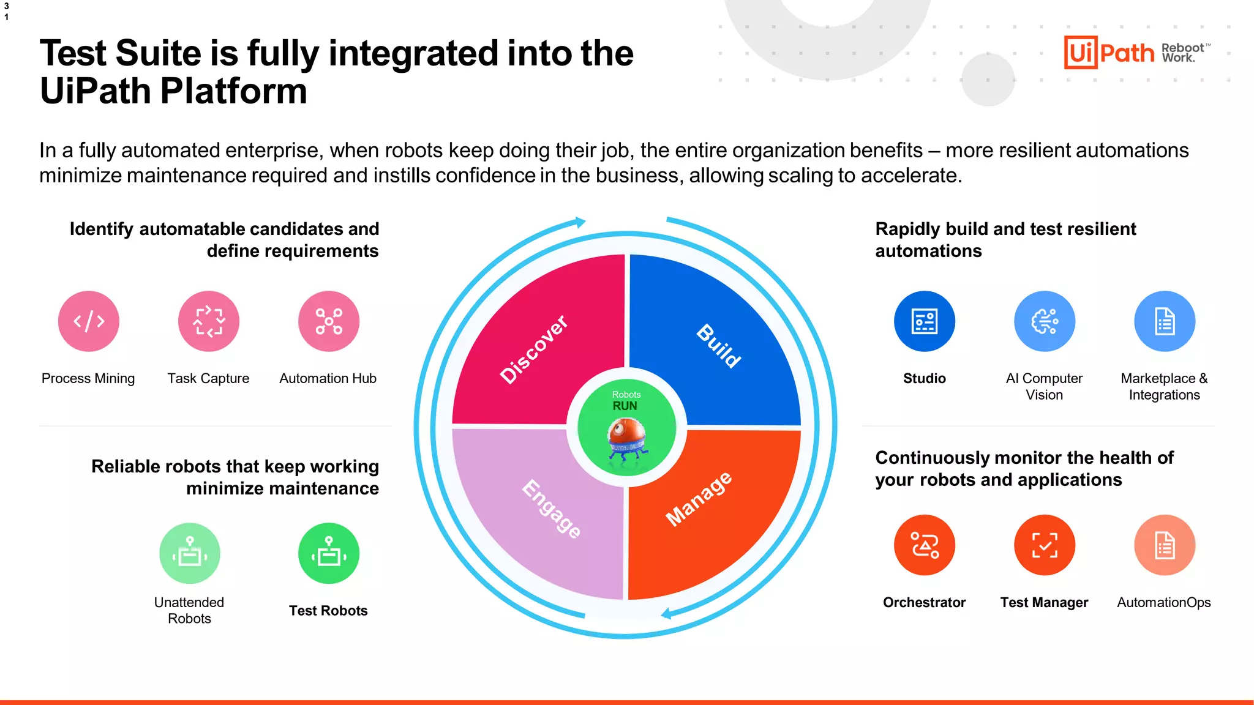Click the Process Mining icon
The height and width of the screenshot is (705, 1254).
89,321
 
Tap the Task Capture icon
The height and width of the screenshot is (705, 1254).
209,321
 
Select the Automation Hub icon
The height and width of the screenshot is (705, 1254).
329,321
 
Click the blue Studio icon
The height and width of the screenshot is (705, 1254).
925,321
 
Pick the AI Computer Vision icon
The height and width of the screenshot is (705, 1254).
1045,321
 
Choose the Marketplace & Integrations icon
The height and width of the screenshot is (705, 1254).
1165,321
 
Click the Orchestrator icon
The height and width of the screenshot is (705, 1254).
925,545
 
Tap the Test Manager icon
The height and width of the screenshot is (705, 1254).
1045,545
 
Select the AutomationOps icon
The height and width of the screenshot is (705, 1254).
1165,545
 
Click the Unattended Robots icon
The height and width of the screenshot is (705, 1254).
190,553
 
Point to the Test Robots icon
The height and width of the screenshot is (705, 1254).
329,553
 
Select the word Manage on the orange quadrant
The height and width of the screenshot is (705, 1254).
699,499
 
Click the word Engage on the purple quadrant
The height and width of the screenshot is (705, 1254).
552,509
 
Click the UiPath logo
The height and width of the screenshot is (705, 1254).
1109,53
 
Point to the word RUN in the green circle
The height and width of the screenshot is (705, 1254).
625,406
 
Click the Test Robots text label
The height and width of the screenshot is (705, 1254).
328,611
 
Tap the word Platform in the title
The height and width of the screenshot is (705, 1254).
233,91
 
